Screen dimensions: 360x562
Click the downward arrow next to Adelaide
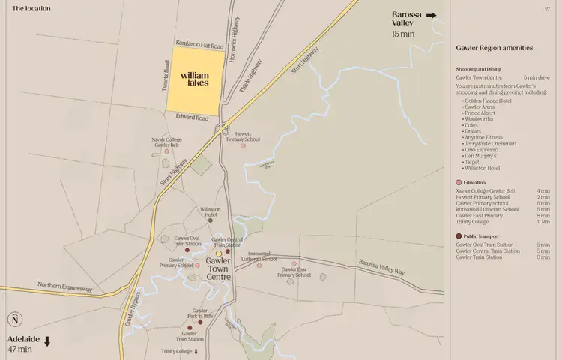[x=47, y=341]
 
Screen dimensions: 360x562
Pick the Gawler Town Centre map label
[x=219, y=267]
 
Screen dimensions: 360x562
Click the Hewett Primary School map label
[x=243, y=136]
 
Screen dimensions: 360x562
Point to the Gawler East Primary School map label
[x=294, y=271]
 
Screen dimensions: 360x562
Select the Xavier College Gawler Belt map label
[x=166, y=142]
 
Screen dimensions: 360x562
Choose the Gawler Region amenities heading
[x=495, y=48]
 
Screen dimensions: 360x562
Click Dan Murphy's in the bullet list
[x=481, y=155]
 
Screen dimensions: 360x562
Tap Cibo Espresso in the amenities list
[x=482, y=149]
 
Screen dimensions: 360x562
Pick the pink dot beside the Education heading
[x=459, y=183]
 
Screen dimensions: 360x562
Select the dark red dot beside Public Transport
[x=459, y=236]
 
